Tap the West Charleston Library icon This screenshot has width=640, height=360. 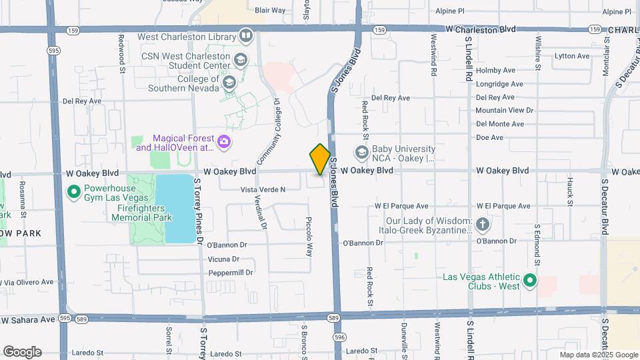[x=246, y=35]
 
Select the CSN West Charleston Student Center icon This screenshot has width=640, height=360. [x=239, y=61]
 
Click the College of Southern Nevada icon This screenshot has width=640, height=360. [x=229, y=83]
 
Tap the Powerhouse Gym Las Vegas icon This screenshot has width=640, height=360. [x=74, y=193]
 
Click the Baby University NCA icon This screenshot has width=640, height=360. [x=363, y=153]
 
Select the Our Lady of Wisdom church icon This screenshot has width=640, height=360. [x=483, y=225]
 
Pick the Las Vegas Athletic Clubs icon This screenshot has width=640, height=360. [x=530, y=281]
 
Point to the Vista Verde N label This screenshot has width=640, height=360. [x=263, y=190]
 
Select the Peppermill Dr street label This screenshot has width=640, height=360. [x=231, y=273]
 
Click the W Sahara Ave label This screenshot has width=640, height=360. [x=28, y=320]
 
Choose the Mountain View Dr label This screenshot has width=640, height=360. [x=505, y=111]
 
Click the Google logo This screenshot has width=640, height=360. [x=22, y=351]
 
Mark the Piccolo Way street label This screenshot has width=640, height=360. [x=309, y=236]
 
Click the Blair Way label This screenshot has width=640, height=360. [x=270, y=11]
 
